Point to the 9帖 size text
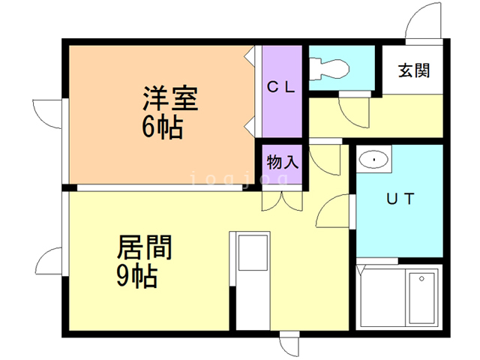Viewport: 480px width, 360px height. tap(137, 277)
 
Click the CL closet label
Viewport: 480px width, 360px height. tap(281, 87)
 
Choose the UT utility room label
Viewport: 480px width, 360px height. tap(400, 199)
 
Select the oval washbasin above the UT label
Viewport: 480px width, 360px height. tap(373, 160)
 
